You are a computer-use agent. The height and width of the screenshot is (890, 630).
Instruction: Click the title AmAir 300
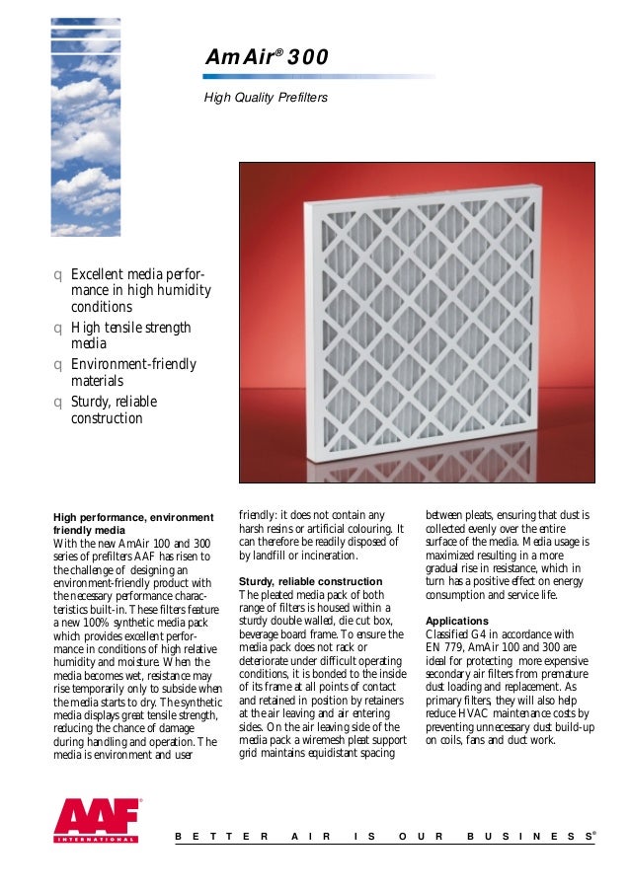click(265, 59)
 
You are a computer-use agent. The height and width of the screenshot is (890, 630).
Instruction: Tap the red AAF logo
click(98, 821)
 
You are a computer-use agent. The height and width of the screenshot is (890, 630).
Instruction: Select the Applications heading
click(456, 621)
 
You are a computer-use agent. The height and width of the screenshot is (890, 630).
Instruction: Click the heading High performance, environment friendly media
click(132, 523)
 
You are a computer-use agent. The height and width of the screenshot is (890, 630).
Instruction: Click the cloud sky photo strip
click(86, 118)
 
